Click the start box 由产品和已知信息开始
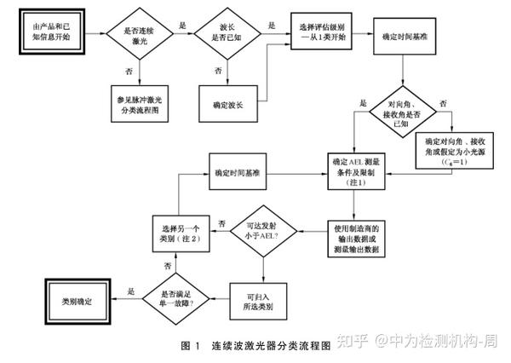click(x=48, y=36)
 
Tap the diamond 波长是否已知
click(x=227, y=36)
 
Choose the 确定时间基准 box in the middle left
click(x=236, y=171)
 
